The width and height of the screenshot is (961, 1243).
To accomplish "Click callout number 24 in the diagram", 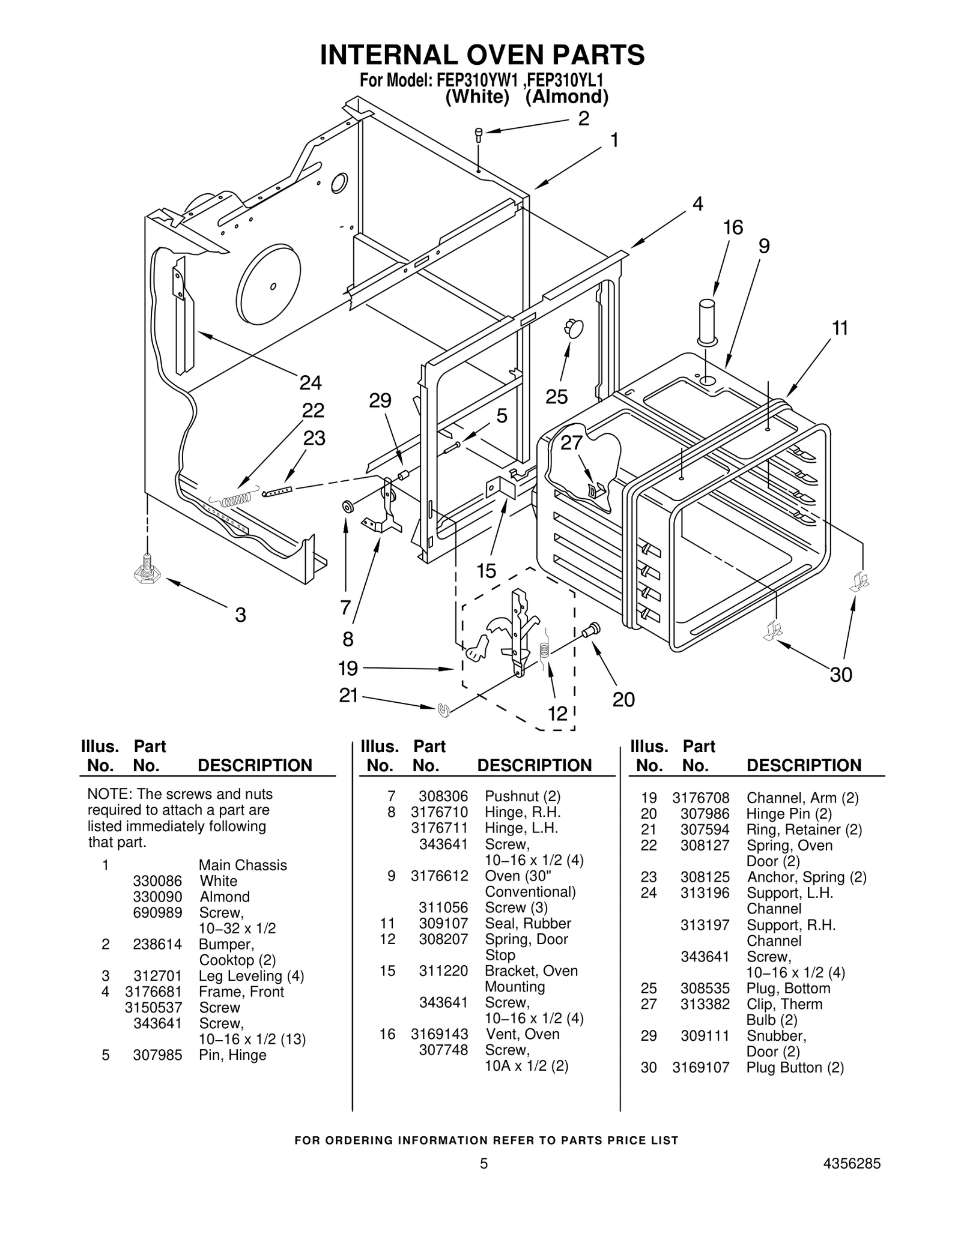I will coord(311,382).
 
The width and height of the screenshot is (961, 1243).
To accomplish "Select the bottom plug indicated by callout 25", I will coord(574,328).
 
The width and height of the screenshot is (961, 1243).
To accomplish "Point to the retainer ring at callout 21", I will coord(444,710).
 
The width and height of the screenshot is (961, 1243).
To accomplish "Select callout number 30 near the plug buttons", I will coord(841,675).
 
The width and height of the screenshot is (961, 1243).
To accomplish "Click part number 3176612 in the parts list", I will coord(439,876).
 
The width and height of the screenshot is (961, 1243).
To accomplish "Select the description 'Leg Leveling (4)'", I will coord(251,977).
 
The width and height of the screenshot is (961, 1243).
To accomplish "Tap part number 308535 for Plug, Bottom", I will coord(705,989).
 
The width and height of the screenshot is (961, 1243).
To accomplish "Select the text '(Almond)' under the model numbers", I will coord(566,97).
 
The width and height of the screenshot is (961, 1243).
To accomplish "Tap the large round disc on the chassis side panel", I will coord(268,285).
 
